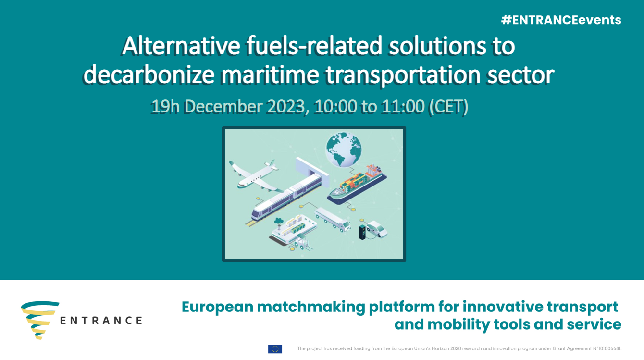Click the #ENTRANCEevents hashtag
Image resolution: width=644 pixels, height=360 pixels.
pos(561,20)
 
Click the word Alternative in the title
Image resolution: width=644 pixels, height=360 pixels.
pos(181,46)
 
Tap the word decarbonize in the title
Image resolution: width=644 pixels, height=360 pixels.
pos(149,75)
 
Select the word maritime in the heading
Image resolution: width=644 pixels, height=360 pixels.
pos(270,75)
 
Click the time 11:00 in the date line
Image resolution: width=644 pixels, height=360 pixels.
pos(403,107)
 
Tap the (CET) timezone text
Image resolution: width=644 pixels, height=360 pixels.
pos(448,107)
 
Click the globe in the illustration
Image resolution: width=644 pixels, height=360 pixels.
pos(344,149)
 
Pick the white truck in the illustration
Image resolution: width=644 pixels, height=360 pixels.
pos(333,219)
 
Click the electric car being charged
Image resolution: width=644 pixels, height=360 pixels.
pos(377,229)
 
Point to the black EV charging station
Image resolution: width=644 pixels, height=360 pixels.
pos(362,232)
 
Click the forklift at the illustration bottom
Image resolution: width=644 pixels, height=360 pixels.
pos(302,243)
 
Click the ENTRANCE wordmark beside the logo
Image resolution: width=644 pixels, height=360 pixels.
pos(101,320)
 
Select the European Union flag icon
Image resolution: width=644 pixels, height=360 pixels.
pos(275,349)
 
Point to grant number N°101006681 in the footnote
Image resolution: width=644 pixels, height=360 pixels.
pos(607,348)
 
